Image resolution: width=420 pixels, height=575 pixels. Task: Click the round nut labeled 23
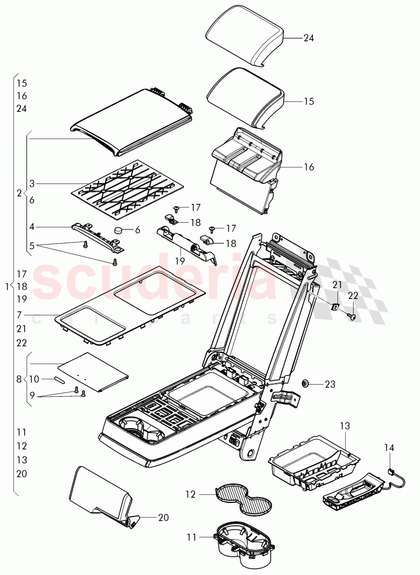pos(305,384)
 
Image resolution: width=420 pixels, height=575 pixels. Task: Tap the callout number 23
pos(330,384)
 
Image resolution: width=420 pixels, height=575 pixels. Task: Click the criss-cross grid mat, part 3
pos(130,188)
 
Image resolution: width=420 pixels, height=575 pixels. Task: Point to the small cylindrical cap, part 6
pos(119,231)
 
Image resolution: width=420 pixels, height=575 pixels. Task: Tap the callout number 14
pos(390,447)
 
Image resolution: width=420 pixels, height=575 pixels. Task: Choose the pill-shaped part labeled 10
pos(59,379)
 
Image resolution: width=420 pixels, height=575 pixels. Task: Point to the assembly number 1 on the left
pos(6,286)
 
